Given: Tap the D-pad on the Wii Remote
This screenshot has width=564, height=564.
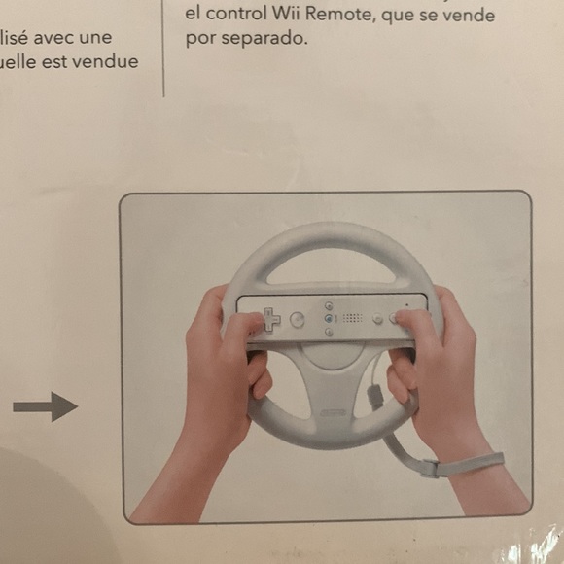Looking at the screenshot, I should pos(268,319).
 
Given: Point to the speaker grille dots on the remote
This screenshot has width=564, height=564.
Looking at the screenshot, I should pos(352,318).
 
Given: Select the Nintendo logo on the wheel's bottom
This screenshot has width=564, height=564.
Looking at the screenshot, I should pos(333,413).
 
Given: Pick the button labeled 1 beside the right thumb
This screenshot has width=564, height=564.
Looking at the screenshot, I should pos(377,317).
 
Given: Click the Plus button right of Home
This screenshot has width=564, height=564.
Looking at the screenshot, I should pos(329,332).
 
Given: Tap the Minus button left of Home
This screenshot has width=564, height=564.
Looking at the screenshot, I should pos(329,304).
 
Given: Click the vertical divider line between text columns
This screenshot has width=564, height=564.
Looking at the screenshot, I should pos(163,49).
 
